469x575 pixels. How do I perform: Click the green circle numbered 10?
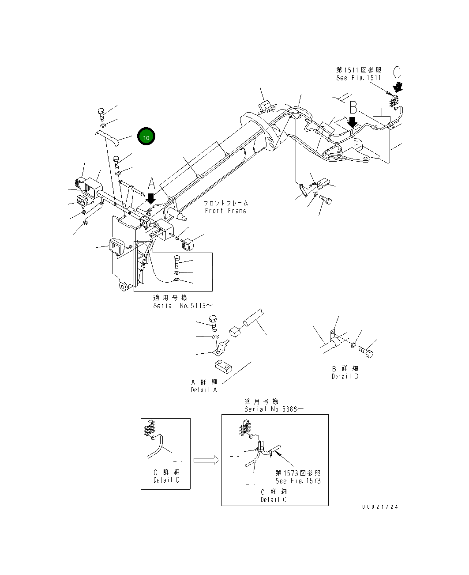point(146,137)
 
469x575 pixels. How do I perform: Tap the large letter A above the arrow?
point(151,183)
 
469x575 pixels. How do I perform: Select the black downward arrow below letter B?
point(352,122)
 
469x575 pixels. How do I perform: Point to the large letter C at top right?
point(397,72)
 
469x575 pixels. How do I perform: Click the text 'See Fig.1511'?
point(358,78)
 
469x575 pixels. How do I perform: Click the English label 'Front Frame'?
point(225,211)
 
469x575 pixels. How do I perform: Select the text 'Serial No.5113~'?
point(183,306)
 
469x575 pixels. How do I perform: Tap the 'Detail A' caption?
point(204,390)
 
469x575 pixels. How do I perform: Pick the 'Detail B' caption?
point(345,376)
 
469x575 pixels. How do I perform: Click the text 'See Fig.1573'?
point(298,480)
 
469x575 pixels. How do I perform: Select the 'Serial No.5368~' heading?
point(274,409)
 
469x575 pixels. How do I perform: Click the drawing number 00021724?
point(380,507)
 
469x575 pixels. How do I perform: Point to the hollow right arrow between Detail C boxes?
point(206,460)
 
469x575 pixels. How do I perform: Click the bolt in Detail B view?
point(365,352)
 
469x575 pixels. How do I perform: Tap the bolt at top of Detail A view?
point(213,323)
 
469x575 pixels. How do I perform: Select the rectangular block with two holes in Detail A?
point(224,366)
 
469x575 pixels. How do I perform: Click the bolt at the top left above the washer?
point(101,114)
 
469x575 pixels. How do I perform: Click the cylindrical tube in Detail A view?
point(253,318)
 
